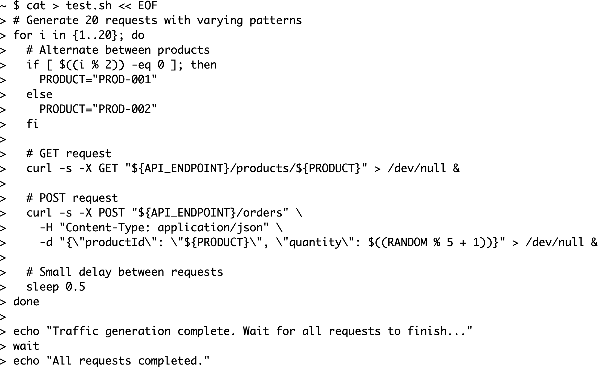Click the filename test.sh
[x=88, y=5]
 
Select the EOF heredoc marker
[x=148, y=5]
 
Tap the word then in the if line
[x=204, y=65]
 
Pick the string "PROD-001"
[x=125, y=79]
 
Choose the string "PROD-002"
[x=125, y=109]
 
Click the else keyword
[x=39, y=94]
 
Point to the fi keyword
[x=32, y=124]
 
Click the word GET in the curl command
[x=108, y=168]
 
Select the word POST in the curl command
[x=111, y=213]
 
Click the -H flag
[x=46, y=227]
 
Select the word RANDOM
[x=407, y=242]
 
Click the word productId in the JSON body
[x=115, y=242]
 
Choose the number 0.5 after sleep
[x=75, y=287]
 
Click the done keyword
[x=26, y=301]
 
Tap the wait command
[x=26, y=346]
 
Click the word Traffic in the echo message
[x=75, y=331]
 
